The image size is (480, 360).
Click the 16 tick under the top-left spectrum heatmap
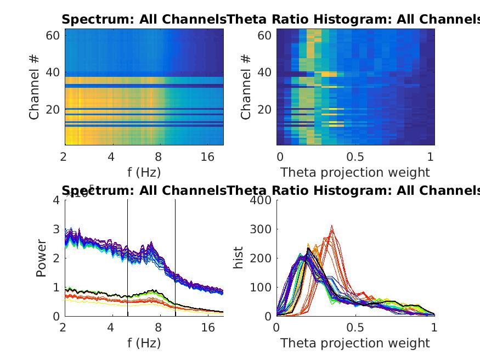[208, 157]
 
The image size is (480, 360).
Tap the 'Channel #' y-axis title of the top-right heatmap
[246, 87]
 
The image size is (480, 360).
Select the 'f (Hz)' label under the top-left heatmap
[144, 172]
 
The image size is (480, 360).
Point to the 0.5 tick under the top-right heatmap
[355, 157]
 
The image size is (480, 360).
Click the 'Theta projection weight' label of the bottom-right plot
[355, 344]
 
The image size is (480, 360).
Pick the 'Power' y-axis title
[42, 258]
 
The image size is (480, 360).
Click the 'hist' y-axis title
[239, 258]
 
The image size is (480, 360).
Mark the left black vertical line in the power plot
[128, 258]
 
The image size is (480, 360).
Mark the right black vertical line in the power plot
[176, 258]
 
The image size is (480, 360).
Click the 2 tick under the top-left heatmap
[65, 157]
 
